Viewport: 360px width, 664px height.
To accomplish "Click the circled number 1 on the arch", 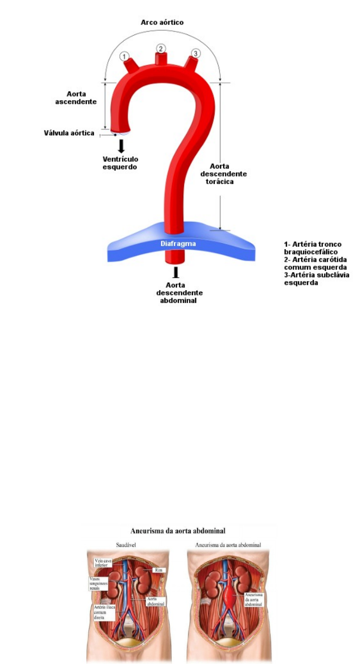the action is tap(124, 56).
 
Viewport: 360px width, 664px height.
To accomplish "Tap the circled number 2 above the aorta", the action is tap(161, 49).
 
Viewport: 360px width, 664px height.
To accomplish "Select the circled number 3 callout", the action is tap(196, 54).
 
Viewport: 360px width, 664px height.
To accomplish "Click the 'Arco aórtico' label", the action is tap(162, 22).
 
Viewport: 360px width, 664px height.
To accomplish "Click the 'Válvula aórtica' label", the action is tap(69, 133).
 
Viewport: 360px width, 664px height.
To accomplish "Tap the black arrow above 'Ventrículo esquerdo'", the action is tap(121, 145).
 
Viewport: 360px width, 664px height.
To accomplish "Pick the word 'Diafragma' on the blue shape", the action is tap(179, 244).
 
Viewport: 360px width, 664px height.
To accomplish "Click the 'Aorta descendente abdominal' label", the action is tap(179, 293).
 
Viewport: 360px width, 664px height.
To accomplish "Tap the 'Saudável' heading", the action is tap(126, 545).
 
